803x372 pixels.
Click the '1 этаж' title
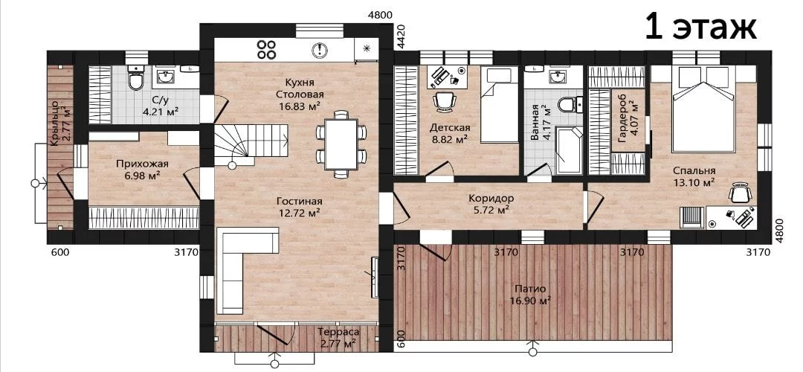[700, 28]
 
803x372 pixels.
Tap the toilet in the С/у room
[136, 78]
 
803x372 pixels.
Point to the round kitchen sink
[320, 49]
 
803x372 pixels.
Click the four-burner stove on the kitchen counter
[266, 49]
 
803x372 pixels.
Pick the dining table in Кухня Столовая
[341, 144]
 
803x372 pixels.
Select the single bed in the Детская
[500, 105]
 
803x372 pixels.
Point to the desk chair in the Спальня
[740, 193]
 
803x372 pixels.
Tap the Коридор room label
[491, 198]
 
